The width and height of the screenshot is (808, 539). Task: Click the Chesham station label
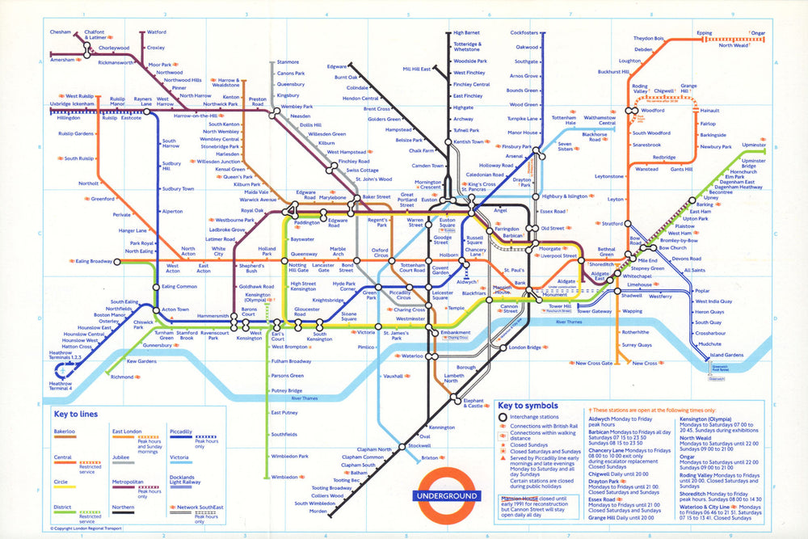61,32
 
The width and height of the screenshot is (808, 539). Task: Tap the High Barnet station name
467,33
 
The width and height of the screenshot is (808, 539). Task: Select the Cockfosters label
524,33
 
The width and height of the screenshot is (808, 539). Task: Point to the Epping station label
705,33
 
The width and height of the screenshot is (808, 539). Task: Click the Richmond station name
123,377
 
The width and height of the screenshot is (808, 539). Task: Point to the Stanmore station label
288,62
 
